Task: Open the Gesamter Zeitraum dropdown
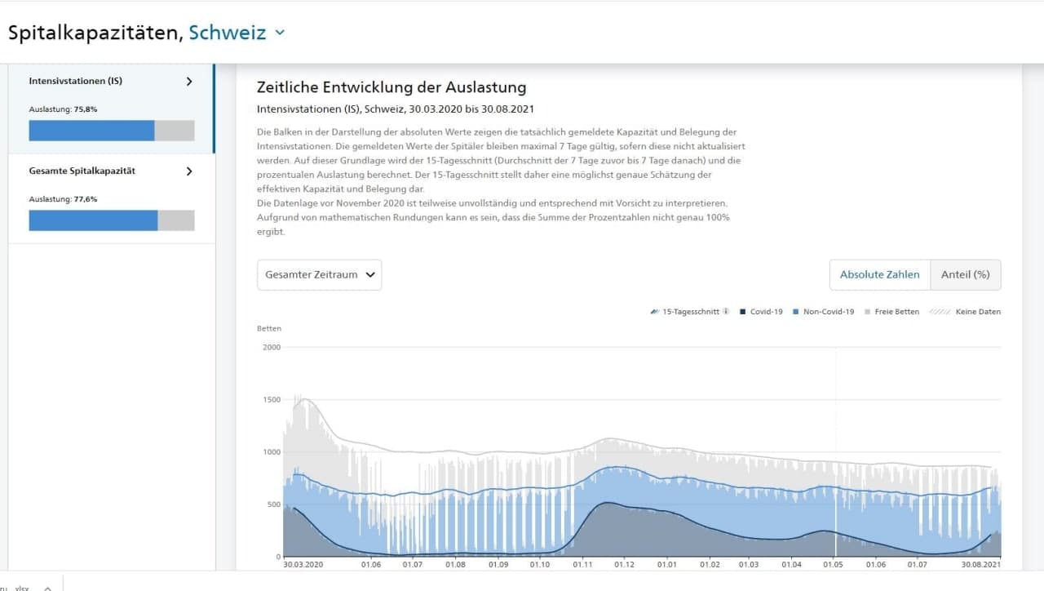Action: point(319,275)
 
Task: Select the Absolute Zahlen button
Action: point(879,275)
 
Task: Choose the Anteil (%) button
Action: point(965,275)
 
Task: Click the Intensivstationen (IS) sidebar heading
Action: point(76,82)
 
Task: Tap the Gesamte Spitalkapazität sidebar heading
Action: point(82,171)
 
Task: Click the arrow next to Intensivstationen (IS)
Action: point(189,82)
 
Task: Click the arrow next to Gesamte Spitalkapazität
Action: point(189,171)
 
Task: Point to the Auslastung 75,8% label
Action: point(64,109)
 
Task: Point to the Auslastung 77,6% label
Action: point(64,199)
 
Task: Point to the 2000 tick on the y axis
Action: point(272,347)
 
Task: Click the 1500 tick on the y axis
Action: point(272,400)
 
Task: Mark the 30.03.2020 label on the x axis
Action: point(303,564)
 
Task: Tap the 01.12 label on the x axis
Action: point(624,564)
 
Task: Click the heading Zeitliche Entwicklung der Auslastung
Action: point(391,87)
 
